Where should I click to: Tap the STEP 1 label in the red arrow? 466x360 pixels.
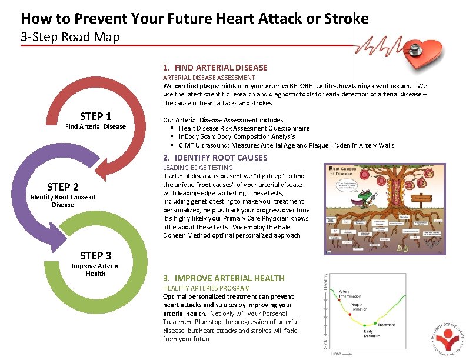coord(96,116)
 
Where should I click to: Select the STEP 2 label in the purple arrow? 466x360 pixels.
coord(62,186)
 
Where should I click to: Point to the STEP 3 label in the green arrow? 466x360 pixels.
coord(95,255)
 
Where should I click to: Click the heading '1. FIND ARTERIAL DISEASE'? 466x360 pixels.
coord(215,68)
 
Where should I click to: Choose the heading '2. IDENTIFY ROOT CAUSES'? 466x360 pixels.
coord(215,158)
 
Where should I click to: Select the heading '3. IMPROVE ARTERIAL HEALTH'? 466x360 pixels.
coord(224,278)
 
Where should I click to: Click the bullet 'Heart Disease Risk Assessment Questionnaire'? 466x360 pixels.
coord(244,128)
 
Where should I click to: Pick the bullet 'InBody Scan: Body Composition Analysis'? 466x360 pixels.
coord(237,136)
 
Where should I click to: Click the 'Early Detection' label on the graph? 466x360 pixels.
coord(372,334)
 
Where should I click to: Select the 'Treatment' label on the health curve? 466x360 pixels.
coord(387,324)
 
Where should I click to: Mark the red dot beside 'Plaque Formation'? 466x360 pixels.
coord(351,315)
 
